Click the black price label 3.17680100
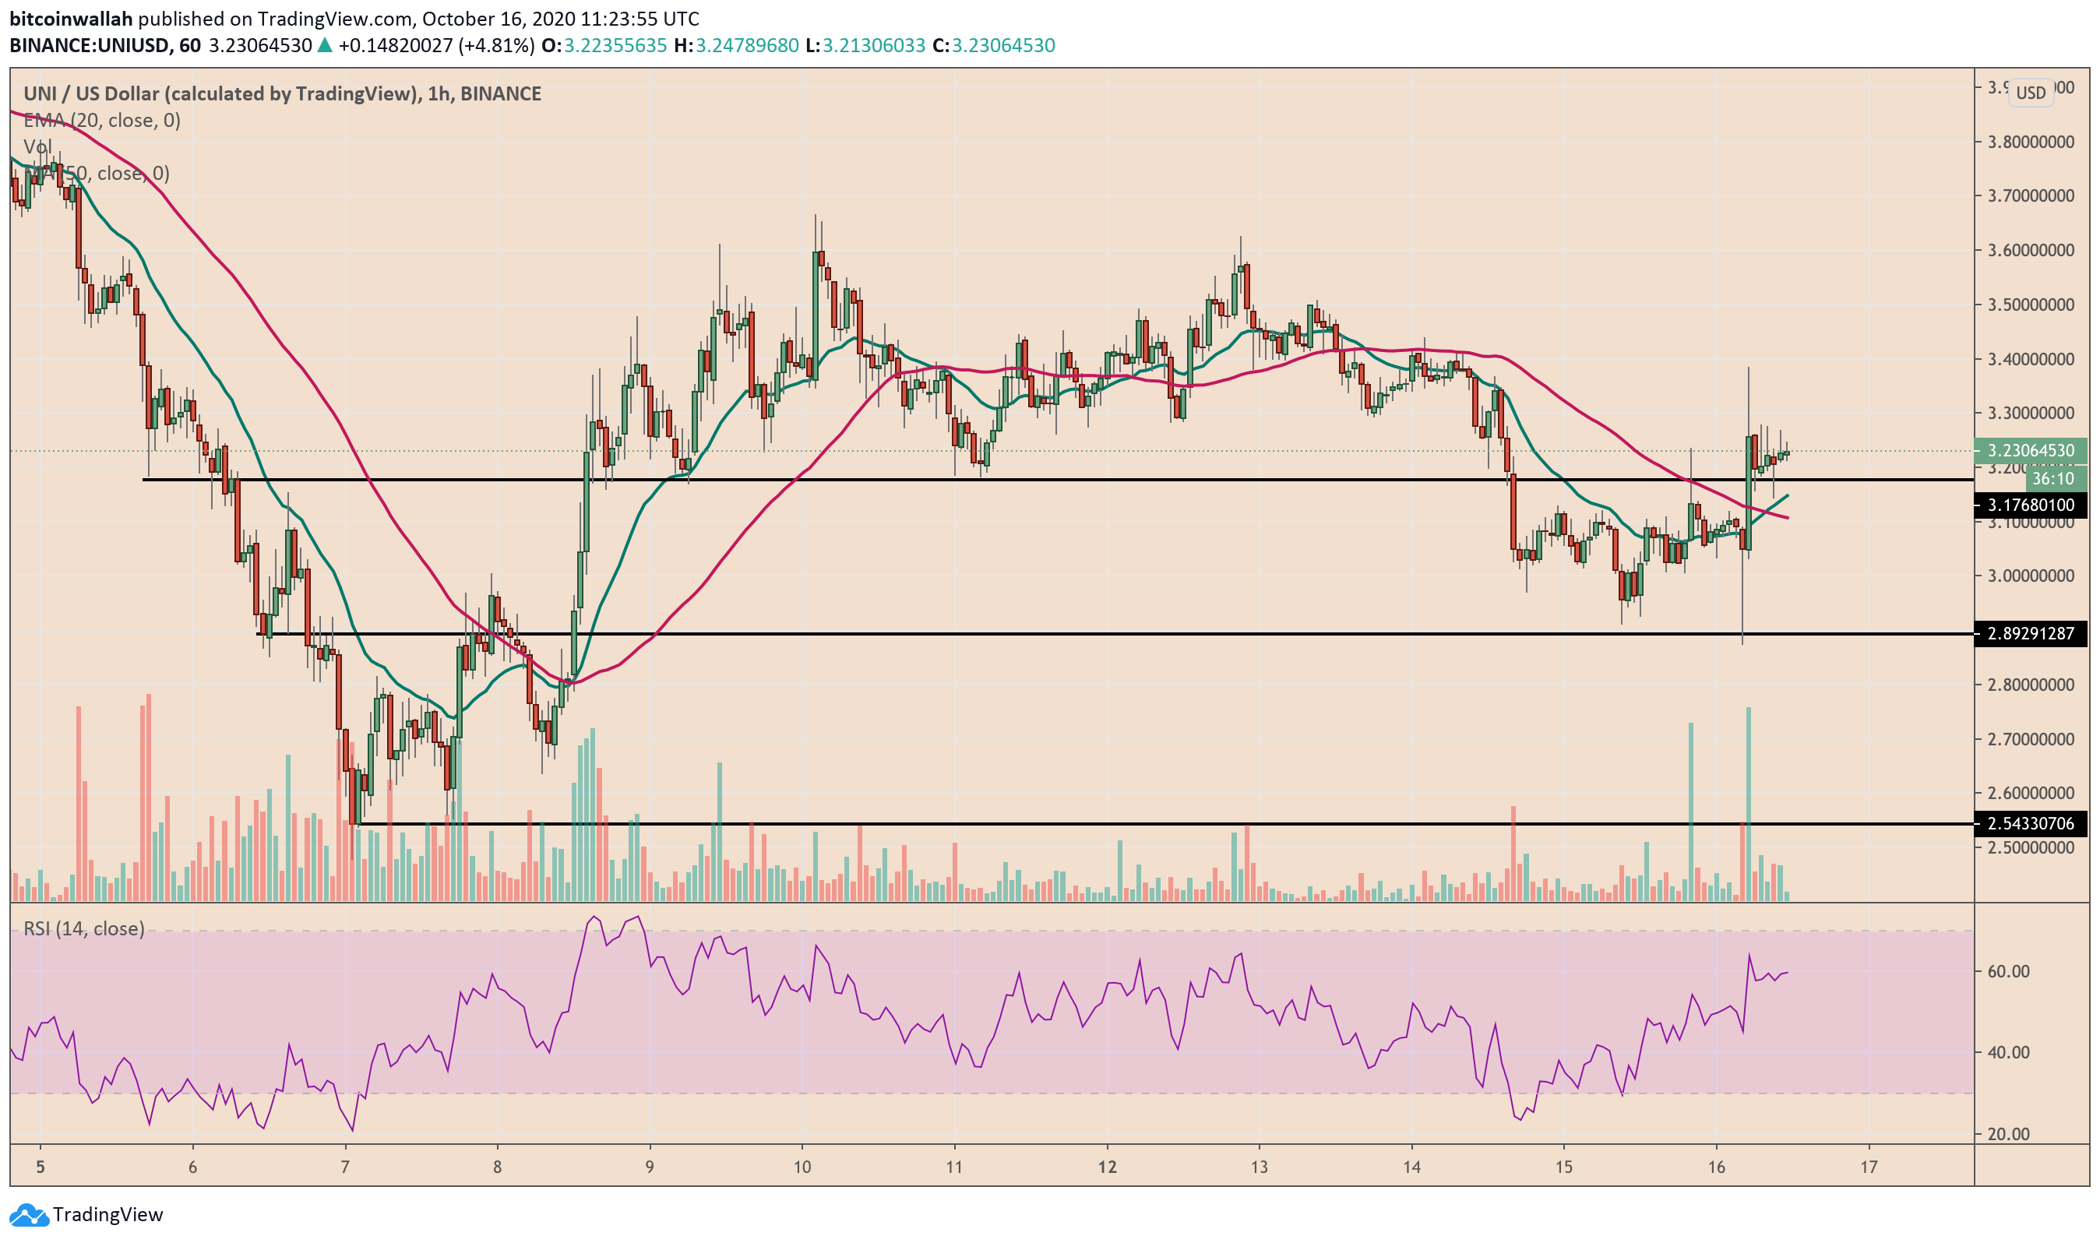point(2031,505)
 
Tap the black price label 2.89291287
point(2031,634)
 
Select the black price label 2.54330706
point(2031,824)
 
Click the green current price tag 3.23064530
point(2031,451)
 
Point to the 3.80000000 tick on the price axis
point(2031,143)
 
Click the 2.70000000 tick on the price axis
point(2031,740)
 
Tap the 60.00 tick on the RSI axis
point(2008,972)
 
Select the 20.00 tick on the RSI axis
point(2008,1135)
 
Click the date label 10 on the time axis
point(802,1167)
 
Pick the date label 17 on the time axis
point(1869,1167)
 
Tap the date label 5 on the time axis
point(41,1167)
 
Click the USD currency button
point(2031,93)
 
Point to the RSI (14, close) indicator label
point(84,929)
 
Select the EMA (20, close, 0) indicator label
point(102,121)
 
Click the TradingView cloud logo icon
point(29,1214)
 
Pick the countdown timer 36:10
point(2053,479)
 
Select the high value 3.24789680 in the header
point(746,46)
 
